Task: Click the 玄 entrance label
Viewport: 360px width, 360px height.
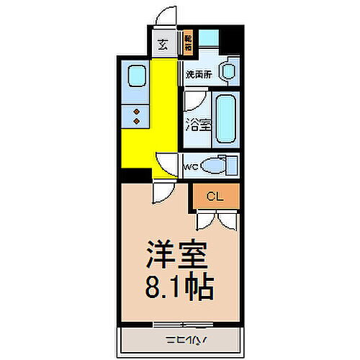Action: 163,45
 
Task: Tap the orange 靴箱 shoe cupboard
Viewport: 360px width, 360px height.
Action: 188,44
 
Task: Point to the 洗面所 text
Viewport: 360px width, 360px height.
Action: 197,73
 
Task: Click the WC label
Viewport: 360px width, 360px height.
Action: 191,167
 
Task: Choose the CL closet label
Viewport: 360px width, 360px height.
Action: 215,195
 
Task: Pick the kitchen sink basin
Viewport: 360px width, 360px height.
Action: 136,77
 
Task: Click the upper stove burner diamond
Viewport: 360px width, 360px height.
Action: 136,110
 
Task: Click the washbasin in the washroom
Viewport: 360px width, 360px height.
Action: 228,71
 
